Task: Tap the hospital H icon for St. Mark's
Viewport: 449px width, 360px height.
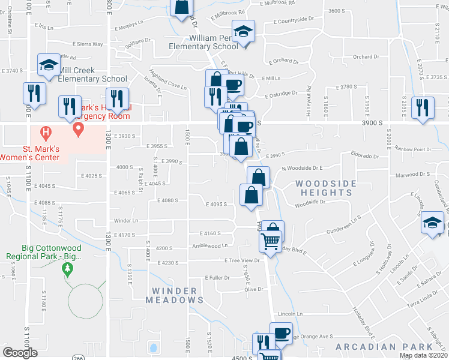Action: pos(44,131)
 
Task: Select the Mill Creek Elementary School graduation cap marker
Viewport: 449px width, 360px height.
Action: pos(48,66)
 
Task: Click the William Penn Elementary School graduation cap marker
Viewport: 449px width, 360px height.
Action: pos(243,31)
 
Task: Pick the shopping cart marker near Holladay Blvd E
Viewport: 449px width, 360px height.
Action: pos(271,242)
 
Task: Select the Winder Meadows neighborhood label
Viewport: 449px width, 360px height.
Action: pos(174,295)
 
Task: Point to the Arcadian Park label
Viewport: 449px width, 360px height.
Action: pos(384,347)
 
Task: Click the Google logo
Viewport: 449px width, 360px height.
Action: pos(20,353)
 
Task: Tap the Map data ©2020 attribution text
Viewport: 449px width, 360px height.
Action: pos(423,356)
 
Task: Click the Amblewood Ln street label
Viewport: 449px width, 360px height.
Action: pos(209,245)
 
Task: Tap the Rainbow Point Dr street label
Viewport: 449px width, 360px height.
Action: pos(414,149)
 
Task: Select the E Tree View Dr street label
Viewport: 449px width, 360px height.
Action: pos(242,260)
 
